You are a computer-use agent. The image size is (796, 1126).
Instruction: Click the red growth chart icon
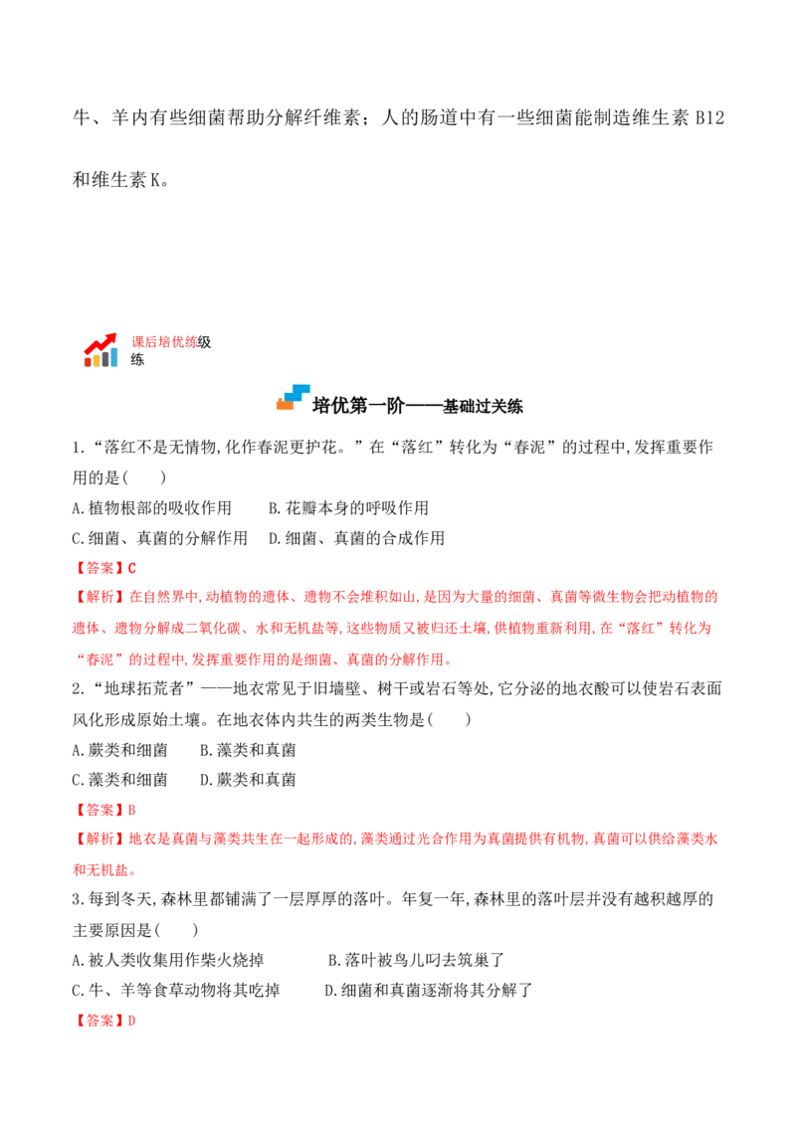tap(100, 350)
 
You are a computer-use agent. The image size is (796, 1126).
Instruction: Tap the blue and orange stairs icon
tap(294, 398)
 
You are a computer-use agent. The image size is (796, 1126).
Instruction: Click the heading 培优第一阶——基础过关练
tap(417, 406)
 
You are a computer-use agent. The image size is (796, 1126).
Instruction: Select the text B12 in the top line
tap(709, 117)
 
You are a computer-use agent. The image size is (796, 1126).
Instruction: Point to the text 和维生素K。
tap(121, 179)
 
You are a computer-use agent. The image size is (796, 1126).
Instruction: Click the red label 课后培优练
tap(164, 342)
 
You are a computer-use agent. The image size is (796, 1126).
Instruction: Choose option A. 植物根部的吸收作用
tap(151, 508)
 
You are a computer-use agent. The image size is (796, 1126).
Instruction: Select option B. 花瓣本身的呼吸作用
tap(348, 508)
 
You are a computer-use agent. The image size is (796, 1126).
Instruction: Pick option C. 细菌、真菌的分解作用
tap(159, 538)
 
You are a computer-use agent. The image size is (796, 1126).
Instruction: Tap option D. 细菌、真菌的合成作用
tap(356, 538)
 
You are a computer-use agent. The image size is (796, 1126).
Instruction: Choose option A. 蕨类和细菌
tap(119, 750)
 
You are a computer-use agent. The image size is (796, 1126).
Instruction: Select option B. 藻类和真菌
tap(248, 750)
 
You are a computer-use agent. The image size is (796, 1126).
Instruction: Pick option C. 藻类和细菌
tap(119, 780)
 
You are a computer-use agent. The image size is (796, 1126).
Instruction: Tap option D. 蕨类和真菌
tap(248, 780)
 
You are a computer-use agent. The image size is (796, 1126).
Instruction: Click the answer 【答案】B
tap(104, 810)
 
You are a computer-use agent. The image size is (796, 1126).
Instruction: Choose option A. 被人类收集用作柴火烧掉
tap(168, 960)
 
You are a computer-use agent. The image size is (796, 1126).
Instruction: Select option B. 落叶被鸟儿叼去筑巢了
tap(417, 960)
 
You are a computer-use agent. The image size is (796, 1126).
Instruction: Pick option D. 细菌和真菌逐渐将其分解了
tap(429, 991)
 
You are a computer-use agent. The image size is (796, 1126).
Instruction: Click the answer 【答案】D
tap(104, 1021)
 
